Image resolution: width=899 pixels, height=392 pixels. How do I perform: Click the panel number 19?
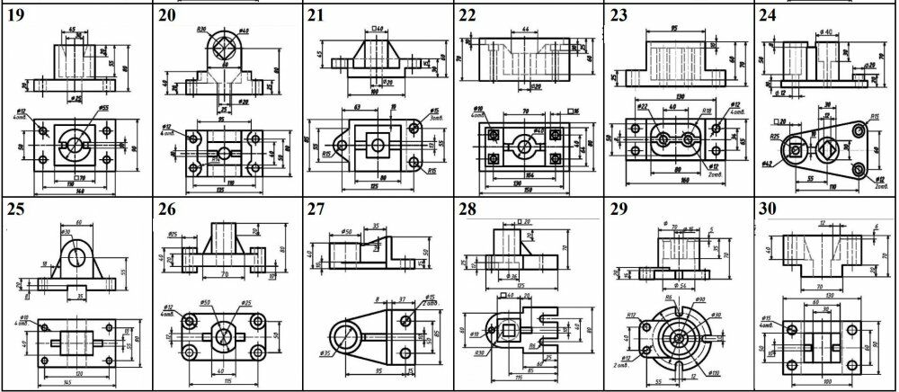click(x=18, y=14)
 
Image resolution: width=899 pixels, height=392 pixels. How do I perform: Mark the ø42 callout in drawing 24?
click(x=767, y=162)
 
